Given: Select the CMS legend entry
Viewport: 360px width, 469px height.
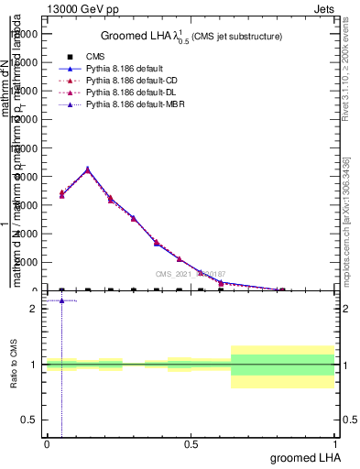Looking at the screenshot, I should [96, 57].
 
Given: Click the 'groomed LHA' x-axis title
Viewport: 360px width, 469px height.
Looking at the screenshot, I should [303, 457].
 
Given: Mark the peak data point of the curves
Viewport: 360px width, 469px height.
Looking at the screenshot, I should [87, 169].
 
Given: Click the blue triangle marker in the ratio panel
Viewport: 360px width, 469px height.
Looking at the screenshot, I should [61, 300].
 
